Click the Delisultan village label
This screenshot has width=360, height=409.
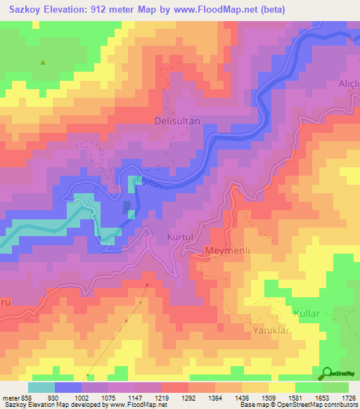coord(177,121)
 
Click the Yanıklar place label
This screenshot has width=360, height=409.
coord(271,329)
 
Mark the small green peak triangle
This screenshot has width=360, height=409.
coord(43,63)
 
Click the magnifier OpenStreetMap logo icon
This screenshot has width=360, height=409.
coord(327,373)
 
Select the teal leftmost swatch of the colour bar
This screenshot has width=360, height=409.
coord(41,387)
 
